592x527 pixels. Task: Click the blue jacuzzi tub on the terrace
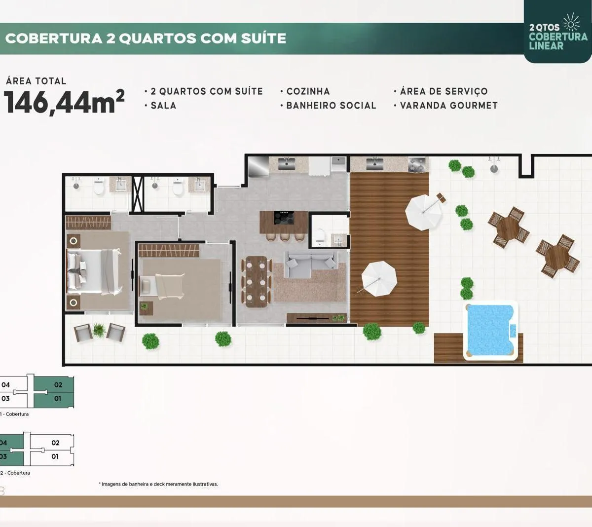tap(490, 331)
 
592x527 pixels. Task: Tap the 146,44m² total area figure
tap(64, 102)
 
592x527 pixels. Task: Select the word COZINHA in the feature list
tap(308, 91)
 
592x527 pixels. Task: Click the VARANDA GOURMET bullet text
tap(448, 106)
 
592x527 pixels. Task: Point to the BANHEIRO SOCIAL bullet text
tap(331, 106)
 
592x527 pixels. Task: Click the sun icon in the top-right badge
tap(572, 22)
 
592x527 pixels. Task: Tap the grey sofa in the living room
tap(311, 264)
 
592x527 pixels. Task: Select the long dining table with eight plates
tap(256, 281)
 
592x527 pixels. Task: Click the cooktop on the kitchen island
tap(284, 218)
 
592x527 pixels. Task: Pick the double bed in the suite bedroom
tap(94, 271)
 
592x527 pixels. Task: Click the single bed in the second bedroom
tap(162, 286)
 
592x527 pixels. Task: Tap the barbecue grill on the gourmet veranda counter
tap(418, 164)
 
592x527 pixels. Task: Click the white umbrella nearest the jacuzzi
tap(379, 279)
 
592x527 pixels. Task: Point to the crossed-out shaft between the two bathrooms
tap(137, 194)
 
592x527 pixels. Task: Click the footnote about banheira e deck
tap(158, 484)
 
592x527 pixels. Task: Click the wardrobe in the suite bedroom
tap(88, 223)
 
